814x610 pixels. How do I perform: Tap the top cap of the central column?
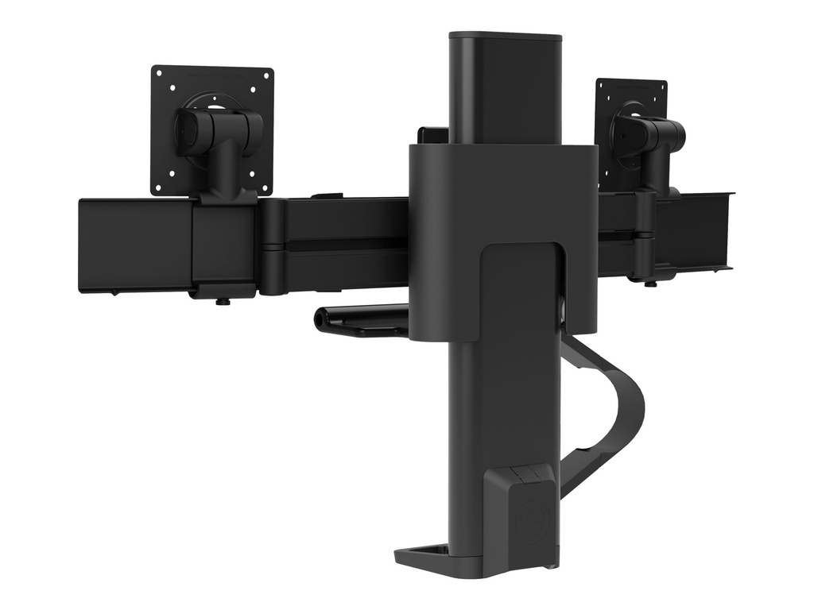click(505, 37)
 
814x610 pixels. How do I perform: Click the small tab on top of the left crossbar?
click(326, 195)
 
